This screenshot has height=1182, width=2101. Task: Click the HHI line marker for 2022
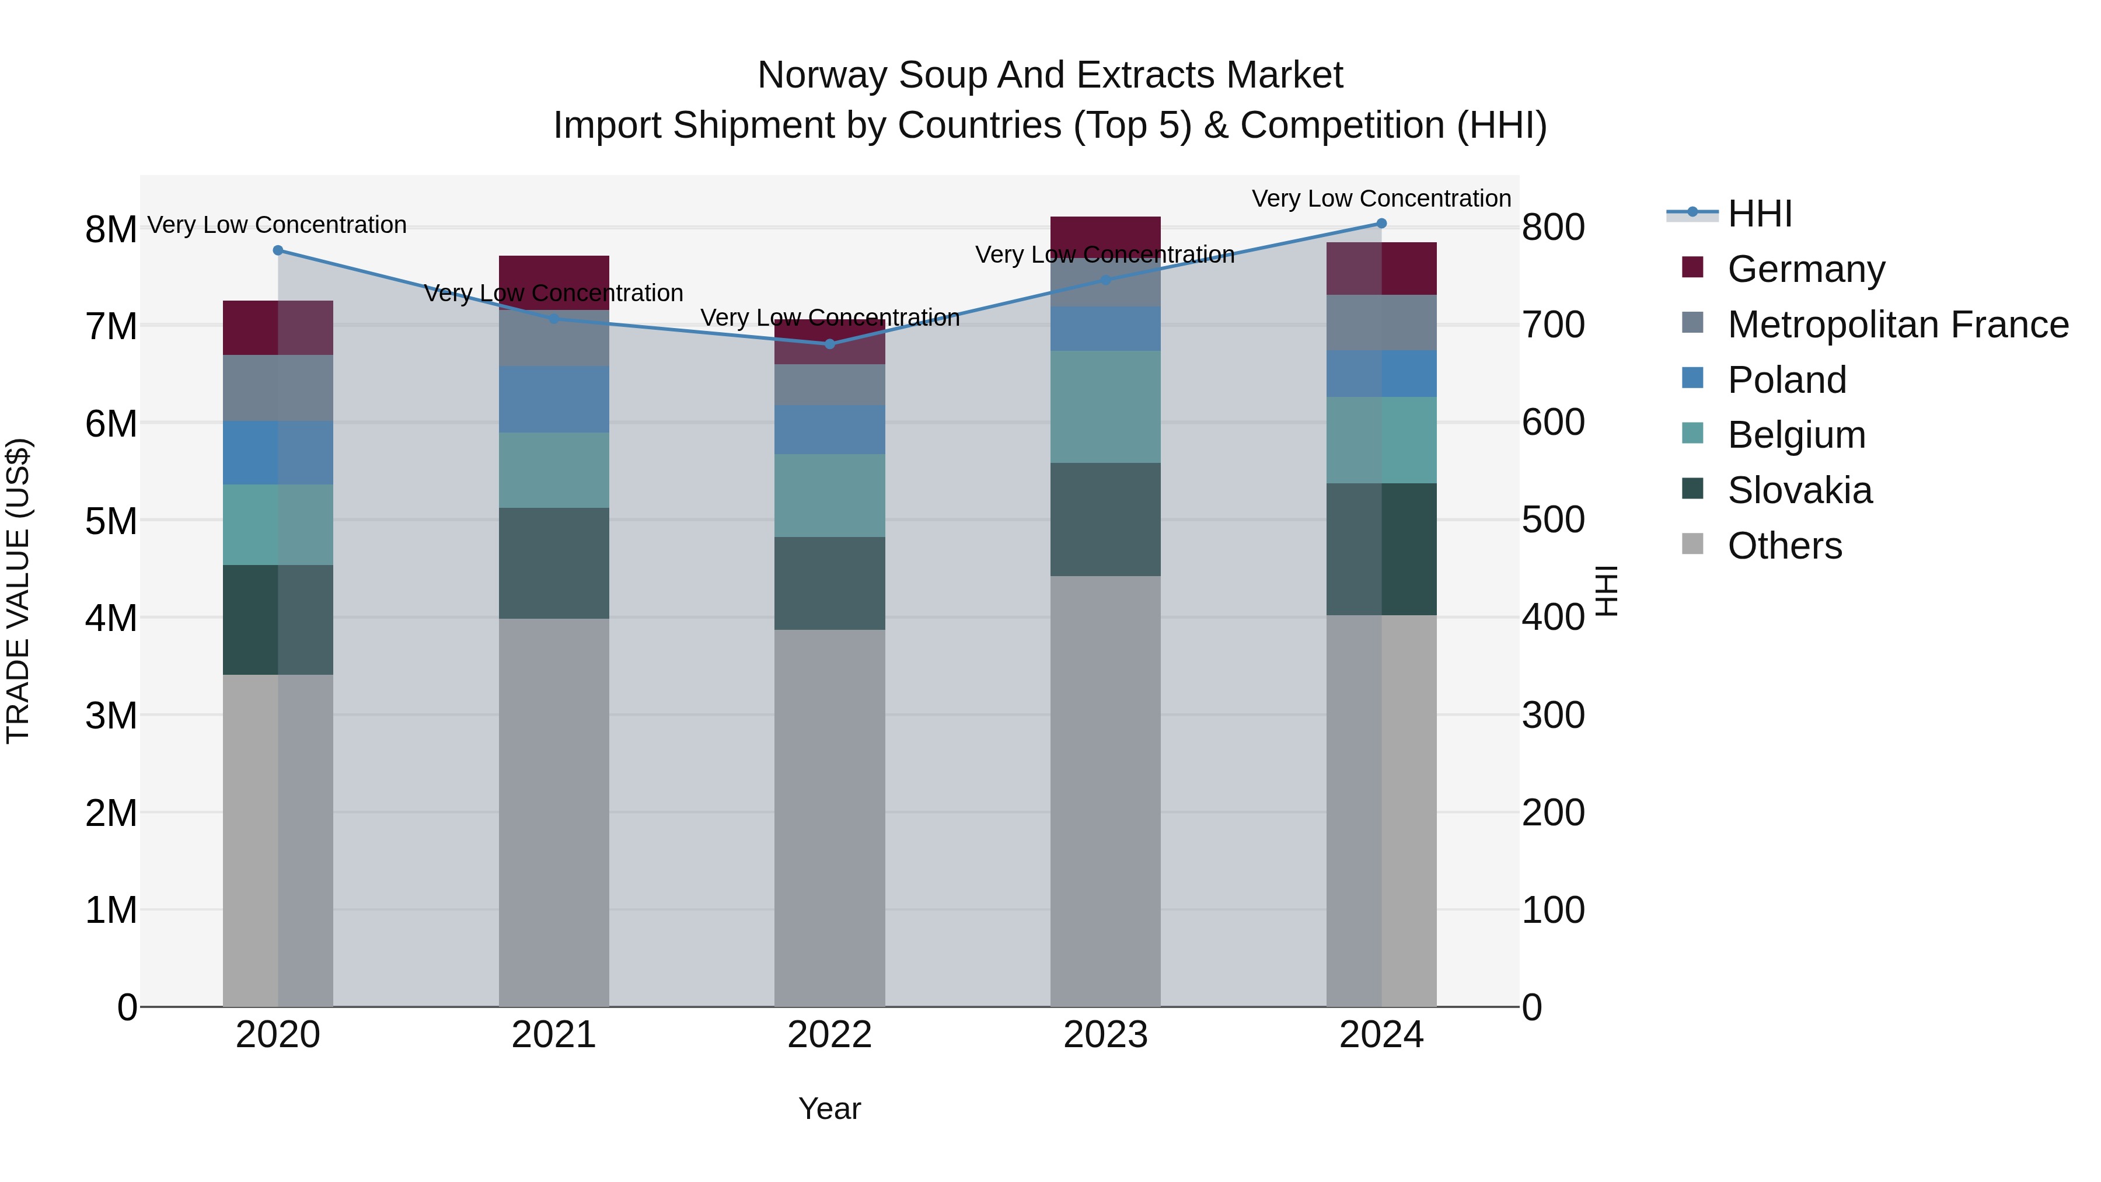pyautogui.click(x=829, y=344)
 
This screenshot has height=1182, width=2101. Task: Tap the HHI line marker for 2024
pyautogui.click(x=1381, y=224)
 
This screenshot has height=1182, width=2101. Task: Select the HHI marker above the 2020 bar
pyautogui.click(x=277, y=250)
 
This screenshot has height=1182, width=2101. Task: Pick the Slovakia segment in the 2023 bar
pyautogui.click(x=1105, y=519)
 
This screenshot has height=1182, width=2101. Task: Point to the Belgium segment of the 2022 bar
pyautogui.click(x=829, y=495)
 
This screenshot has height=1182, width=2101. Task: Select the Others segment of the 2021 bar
pyautogui.click(x=554, y=812)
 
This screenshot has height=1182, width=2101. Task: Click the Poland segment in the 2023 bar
pyautogui.click(x=1105, y=329)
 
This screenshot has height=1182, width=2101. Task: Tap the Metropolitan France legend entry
pyautogui.click(x=1897, y=325)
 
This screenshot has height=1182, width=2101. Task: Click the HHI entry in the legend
pyautogui.click(x=1759, y=214)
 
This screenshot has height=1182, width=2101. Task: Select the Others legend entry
pyautogui.click(x=1784, y=546)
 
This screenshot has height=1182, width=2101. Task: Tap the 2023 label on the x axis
pyautogui.click(x=1105, y=1035)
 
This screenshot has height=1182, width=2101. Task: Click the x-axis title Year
pyautogui.click(x=829, y=1108)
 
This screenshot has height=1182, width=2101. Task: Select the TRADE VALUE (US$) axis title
pyautogui.click(x=18, y=591)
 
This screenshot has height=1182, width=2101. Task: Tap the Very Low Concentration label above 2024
pyautogui.click(x=1381, y=198)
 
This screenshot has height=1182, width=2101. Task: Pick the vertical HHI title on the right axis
pyautogui.click(x=1605, y=591)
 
